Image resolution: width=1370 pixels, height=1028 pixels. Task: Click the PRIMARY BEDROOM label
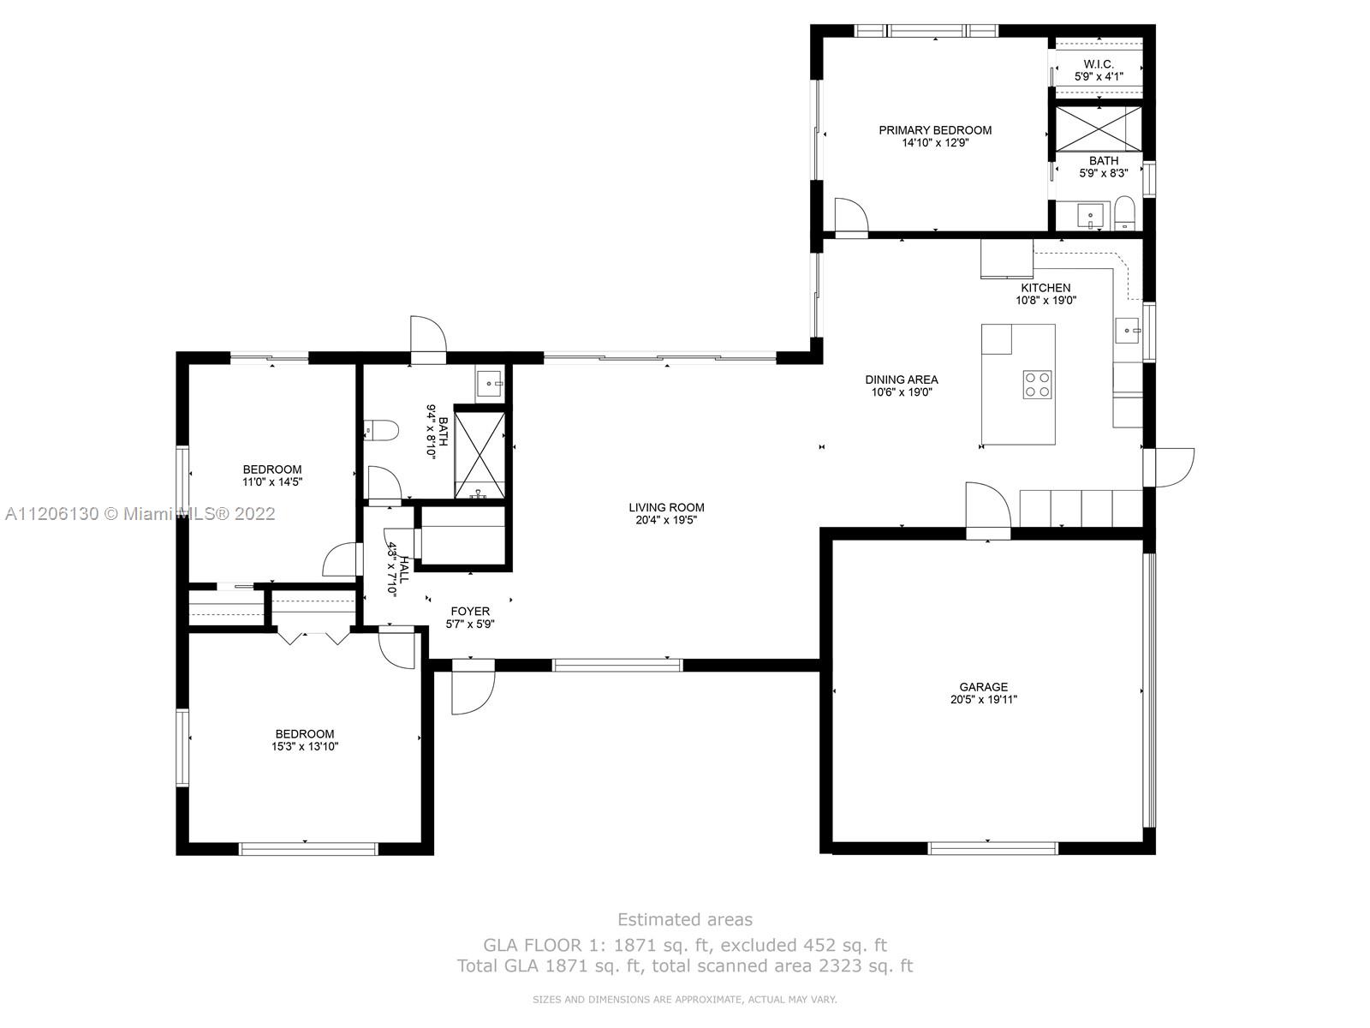tap(935, 130)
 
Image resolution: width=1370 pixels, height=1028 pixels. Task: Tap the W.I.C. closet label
tap(1099, 64)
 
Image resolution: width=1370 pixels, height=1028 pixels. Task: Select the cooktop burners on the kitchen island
tap(1037, 385)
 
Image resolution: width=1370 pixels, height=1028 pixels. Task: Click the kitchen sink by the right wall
tap(1128, 330)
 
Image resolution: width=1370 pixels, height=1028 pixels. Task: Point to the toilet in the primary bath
tap(1124, 212)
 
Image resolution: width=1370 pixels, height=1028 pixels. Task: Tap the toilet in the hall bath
tap(381, 430)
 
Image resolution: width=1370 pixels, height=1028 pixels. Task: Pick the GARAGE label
tap(984, 687)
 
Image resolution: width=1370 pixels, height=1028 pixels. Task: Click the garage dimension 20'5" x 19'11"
tap(984, 700)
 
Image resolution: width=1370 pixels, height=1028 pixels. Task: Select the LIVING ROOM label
tap(666, 507)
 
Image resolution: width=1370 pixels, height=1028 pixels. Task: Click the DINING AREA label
tap(902, 380)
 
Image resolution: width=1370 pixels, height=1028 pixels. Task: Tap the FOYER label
tap(470, 611)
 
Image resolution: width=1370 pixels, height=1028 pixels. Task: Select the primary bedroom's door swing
tap(851, 218)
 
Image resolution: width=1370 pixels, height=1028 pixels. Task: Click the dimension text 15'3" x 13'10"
tap(305, 746)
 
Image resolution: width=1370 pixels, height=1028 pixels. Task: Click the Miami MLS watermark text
tap(140, 514)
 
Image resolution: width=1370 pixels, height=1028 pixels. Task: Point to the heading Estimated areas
tap(685, 919)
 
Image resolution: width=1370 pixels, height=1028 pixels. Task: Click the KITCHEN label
tap(1045, 288)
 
